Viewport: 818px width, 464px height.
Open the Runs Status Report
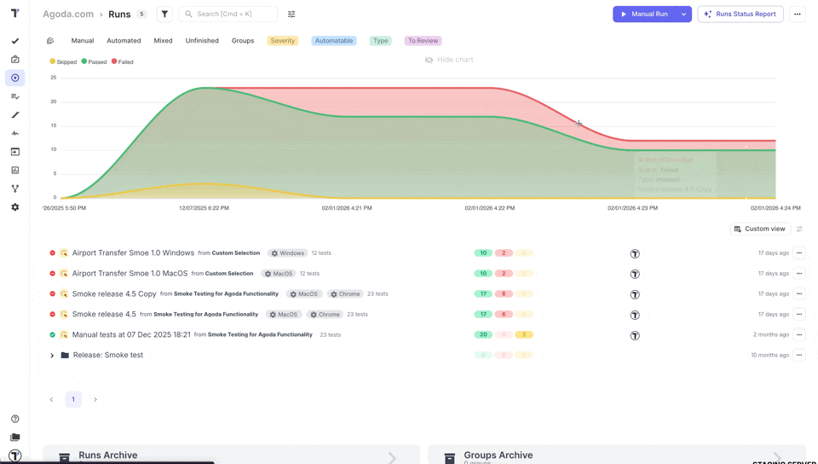point(740,14)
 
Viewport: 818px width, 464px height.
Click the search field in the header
point(230,14)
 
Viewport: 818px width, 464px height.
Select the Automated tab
point(124,41)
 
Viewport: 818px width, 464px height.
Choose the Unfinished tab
point(202,41)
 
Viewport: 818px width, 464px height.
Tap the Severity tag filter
point(282,41)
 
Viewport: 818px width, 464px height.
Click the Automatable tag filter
point(334,41)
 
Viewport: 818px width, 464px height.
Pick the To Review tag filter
point(423,41)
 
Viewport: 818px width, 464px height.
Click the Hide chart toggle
point(449,60)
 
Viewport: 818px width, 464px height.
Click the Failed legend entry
point(123,62)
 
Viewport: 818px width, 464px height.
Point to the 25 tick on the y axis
point(53,78)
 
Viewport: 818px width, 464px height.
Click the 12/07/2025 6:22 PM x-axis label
point(204,208)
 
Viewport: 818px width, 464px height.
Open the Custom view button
point(759,229)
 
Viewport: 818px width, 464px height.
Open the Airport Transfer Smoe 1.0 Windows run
point(133,253)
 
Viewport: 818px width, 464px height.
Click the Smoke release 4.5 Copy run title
point(114,294)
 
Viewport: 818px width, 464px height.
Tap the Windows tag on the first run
point(287,253)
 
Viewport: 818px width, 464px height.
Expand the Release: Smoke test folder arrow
point(52,356)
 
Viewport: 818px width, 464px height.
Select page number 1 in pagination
point(73,399)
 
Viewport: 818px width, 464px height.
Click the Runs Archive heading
point(107,455)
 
